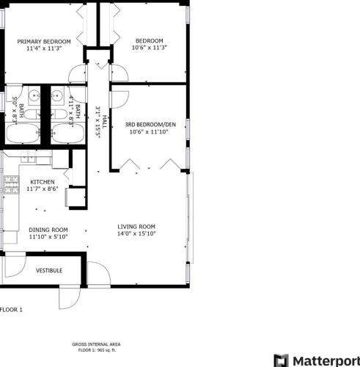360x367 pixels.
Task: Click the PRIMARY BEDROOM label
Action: [x=44, y=41]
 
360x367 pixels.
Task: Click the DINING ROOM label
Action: [x=48, y=228]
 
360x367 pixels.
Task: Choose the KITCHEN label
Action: [x=43, y=181]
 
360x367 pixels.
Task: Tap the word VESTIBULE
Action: [x=49, y=271]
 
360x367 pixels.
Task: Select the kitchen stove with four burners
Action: [x=12, y=184]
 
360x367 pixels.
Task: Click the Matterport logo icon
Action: [x=281, y=360]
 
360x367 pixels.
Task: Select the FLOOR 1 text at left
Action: [x=12, y=310]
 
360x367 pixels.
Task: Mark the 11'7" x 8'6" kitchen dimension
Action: [x=43, y=189]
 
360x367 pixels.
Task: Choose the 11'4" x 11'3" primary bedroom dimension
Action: [x=44, y=50]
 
